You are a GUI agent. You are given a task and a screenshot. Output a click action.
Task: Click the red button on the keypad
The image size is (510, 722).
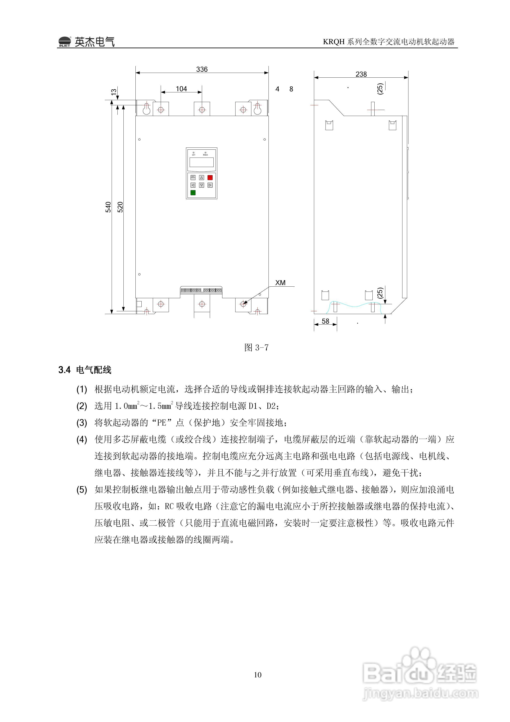[210, 178]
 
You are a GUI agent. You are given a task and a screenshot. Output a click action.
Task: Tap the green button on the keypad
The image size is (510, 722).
[193, 193]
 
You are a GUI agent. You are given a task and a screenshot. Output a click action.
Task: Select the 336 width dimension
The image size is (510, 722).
[202, 69]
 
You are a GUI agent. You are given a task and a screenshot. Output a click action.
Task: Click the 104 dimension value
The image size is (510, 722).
[181, 89]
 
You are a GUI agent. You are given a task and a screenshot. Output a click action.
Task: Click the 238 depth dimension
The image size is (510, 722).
[361, 74]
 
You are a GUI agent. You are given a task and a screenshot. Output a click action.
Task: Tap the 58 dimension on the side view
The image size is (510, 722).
[325, 321]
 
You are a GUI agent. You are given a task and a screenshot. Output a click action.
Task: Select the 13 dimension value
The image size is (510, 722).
[114, 92]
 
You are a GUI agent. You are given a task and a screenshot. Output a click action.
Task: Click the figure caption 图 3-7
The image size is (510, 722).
[256, 347]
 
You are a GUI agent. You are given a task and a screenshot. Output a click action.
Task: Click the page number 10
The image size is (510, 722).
[258, 674]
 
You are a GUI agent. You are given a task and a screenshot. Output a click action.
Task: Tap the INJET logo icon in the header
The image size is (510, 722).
[65, 42]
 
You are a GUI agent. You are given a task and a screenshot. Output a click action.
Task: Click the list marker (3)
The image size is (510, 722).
[82, 423]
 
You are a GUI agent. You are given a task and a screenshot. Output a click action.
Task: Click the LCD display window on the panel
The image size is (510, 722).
[202, 162]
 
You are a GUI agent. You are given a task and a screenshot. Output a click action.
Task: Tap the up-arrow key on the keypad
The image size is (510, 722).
[202, 178]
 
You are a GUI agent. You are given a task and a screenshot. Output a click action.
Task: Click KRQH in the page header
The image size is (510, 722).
[334, 42]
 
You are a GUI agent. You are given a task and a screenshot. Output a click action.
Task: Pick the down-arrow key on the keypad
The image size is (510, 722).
[202, 185]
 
